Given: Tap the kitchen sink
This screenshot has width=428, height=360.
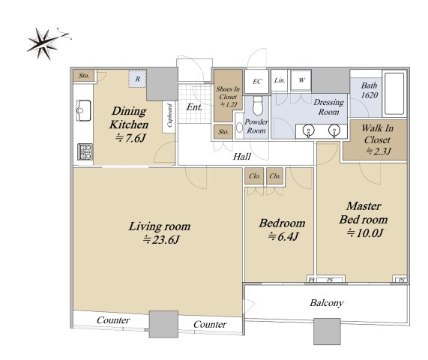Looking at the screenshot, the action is [x=83, y=110].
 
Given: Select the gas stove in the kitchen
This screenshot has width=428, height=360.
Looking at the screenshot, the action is [x=85, y=151].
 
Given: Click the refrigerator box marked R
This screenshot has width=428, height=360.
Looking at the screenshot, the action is [x=138, y=79].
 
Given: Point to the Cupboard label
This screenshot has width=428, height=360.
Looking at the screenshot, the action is [x=169, y=115].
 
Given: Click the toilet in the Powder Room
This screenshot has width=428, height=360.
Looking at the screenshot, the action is [x=258, y=105].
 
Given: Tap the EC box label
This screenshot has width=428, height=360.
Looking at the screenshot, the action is [x=257, y=82].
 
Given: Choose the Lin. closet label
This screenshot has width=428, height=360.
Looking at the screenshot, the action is [x=280, y=80].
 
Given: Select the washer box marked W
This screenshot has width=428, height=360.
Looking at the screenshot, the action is [x=301, y=80].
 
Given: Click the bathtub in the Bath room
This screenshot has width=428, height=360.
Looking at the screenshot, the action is [x=394, y=94].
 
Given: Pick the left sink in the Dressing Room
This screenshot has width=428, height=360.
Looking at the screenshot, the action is [x=309, y=130].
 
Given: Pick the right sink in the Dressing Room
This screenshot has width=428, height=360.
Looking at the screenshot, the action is [x=334, y=130].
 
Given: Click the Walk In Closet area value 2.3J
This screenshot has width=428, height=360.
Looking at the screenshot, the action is [x=379, y=151].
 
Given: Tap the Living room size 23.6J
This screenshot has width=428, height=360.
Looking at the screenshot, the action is [x=161, y=240].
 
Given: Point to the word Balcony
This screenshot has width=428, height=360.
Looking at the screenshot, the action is [x=327, y=303].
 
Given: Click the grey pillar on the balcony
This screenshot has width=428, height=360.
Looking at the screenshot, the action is [x=327, y=331].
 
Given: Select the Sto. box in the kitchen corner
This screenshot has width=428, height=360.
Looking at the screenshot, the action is [x=84, y=76].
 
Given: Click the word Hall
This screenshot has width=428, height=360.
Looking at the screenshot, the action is [x=242, y=157].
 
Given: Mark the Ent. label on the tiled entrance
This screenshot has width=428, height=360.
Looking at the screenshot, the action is [x=194, y=107].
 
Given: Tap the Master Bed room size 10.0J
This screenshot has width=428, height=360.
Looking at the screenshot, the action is [x=365, y=233].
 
